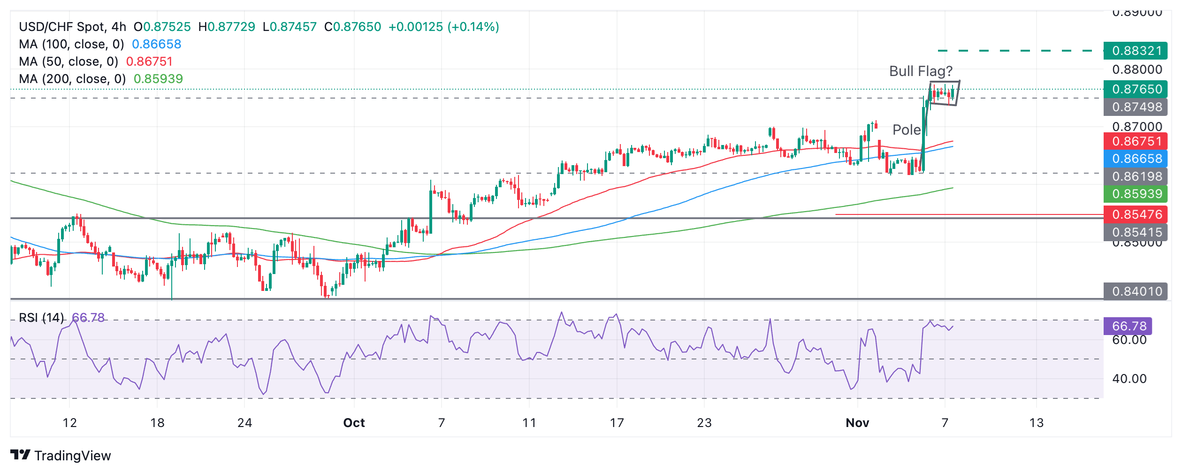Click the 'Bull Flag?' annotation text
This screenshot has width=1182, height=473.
point(921,71)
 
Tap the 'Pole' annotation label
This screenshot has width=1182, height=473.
point(907,130)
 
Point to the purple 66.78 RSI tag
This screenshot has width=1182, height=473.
point(1129,326)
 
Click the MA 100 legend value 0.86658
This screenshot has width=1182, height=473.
point(156,44)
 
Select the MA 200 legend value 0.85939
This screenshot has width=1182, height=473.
point(158,79)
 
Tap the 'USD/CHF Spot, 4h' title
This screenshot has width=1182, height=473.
point(72,27)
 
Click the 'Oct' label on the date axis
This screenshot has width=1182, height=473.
point(354,423)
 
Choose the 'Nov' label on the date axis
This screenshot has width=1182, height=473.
point(857,423)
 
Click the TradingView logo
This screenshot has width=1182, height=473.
point(61,456)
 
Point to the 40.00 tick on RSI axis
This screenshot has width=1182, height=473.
point(1129,379)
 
